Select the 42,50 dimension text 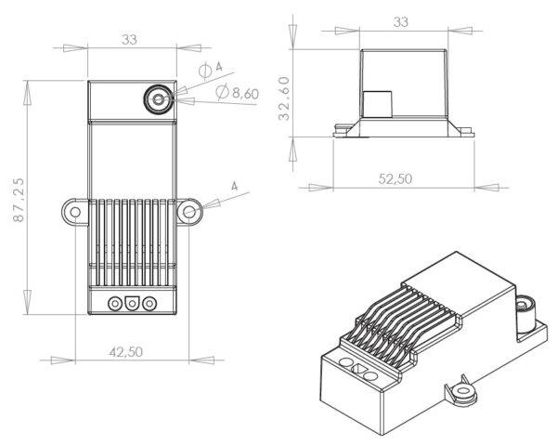click(130, 351)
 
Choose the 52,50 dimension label click(395, 178)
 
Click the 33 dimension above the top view click(131, 39)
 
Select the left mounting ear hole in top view click(73, 212)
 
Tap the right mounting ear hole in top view click(189, 212)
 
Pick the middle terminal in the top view click(132, 303)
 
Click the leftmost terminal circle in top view click(116, 303)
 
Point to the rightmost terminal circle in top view click(149, 303)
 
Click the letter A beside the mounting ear click(234, 188)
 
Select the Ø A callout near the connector click(212, 69)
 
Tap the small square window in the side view click(376, 104)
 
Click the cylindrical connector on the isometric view click(527, 308)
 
